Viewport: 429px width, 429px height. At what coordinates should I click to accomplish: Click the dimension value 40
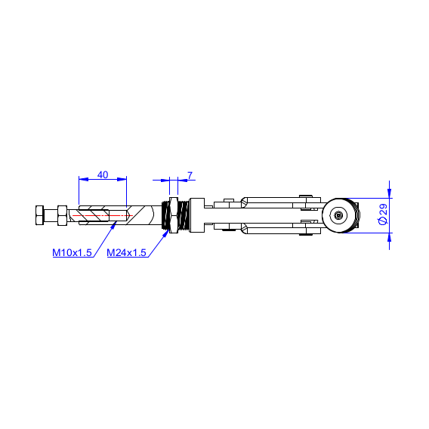(x=103, y=174)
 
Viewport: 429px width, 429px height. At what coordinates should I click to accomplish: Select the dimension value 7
(x=190, y=175)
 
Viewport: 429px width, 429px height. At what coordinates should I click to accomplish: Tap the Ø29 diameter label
(x=383, y=214)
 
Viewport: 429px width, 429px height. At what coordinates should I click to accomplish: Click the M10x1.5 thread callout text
(x=72, y=252)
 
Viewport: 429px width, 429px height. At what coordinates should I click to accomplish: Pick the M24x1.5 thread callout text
(x=126, y=252)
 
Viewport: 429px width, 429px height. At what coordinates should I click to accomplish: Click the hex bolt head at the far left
(x=39, y=215)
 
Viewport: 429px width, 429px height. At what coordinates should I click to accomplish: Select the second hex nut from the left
(x=62, y=215)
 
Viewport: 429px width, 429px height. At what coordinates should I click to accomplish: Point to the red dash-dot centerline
(x=103, y=215)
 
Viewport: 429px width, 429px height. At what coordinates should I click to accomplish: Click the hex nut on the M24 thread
(x=174, y=215)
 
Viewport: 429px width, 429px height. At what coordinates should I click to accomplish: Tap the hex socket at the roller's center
(x=338, y=215)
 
